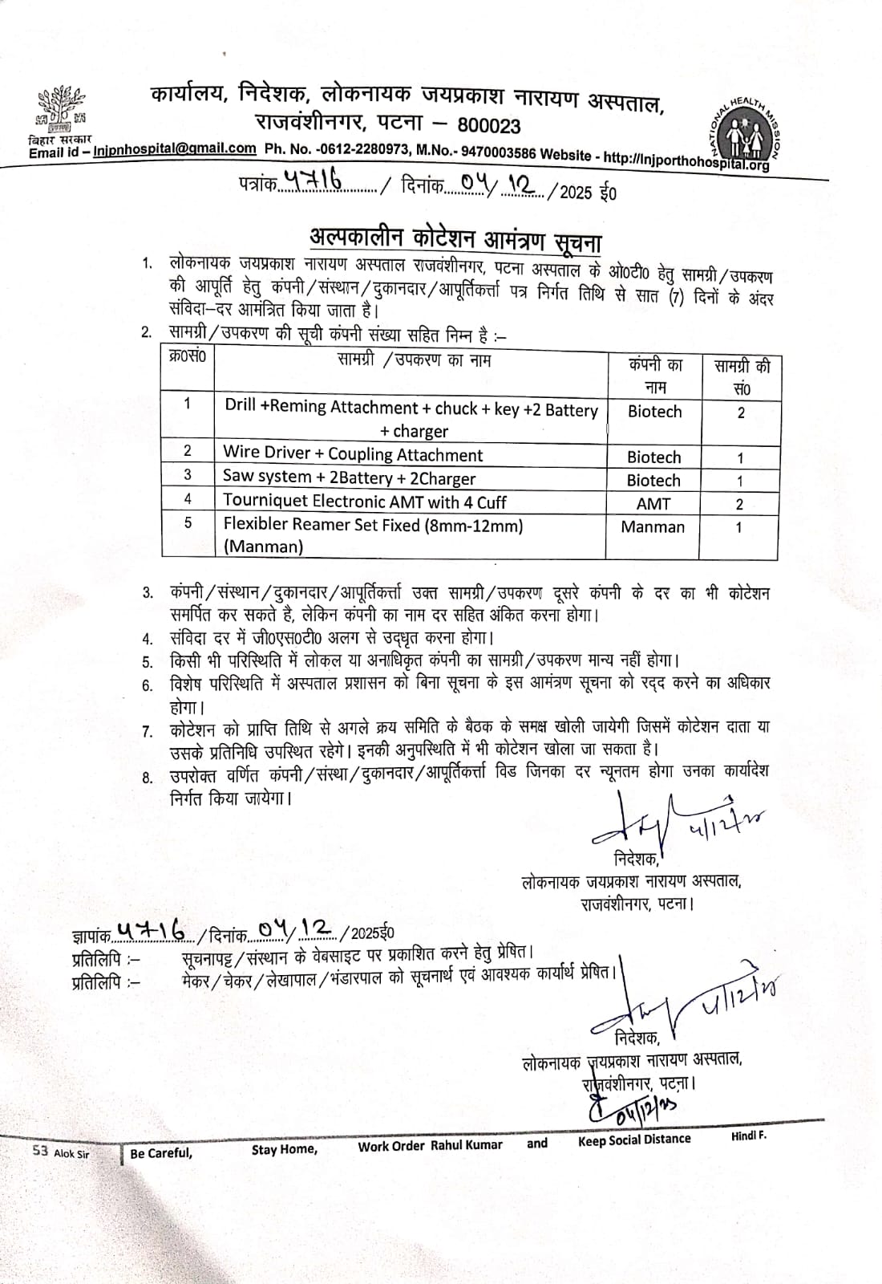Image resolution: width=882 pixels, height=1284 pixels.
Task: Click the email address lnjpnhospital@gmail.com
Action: click(175, 149)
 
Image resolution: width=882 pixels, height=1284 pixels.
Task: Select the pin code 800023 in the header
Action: click(488, 126)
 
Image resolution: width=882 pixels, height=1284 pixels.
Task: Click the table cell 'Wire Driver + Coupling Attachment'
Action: click(353, 455)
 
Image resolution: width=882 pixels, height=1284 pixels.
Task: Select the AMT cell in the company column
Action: click(653, 504)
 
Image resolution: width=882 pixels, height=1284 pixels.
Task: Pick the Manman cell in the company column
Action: click(653, 527)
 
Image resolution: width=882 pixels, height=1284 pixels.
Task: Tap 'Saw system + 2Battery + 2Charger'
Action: click(350, 478)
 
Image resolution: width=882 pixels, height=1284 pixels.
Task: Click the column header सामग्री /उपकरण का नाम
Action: click(414, 360)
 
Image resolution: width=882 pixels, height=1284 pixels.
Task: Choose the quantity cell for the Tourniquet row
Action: click(739, 504)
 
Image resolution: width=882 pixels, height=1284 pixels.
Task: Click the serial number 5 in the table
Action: click(188, 523)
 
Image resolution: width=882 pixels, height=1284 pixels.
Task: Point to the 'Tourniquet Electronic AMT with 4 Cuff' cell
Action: click(365, 502)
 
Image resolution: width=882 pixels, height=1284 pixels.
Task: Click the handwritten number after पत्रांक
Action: click(314, 184)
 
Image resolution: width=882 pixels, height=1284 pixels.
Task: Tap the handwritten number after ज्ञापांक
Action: click(152, 930)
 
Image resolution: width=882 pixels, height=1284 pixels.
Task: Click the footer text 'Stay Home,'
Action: click(284, 1149)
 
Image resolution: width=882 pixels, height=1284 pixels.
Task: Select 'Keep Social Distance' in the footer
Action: click(633, 1140)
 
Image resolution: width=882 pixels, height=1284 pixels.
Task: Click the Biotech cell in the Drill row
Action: click(654, 412)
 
